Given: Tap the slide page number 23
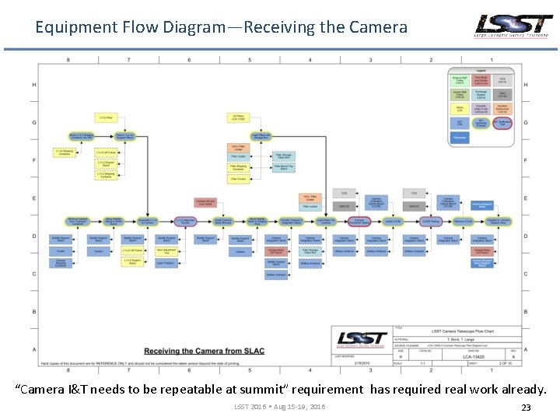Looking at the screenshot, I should pyautogui.click(x=526, y=407).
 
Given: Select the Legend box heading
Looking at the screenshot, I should pyautogui.click(x=480, y=71).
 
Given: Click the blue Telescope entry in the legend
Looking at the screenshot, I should pyautogui.click(x=460, y=138).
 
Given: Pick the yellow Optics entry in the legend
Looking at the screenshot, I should pyautogui.click(x=460, y=108).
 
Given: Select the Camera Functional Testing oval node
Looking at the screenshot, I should pyautogui.click(x=359, y=222).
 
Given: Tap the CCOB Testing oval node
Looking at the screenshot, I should pyautogui.click(x=431, y=222).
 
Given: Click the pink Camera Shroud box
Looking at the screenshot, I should pyautogui.click(x=205, y=201).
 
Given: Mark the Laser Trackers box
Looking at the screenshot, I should pyautogui.click(x=166, y=263).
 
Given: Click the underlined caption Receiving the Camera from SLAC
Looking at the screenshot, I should pyautogui.click(x=204, y=351).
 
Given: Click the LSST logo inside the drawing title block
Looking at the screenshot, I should pyautogui.click(x=361, y=340).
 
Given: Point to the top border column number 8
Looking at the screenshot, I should pyautogui.click(x=68, y=60).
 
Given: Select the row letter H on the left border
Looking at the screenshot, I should pyautogui.click(x=34, y=85).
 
